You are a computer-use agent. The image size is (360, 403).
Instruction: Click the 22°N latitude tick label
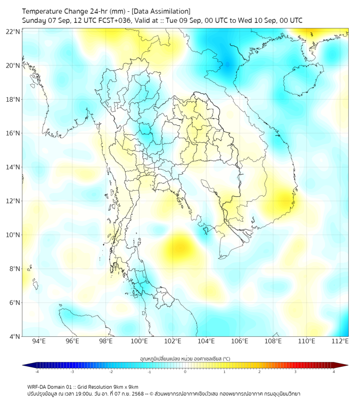(x=13, y=31)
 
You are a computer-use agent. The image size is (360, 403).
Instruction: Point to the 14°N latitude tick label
(x=13, y=167)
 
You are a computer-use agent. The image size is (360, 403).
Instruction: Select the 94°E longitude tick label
(x=39, y=341)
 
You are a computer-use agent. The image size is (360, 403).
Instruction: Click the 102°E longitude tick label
(x=173, y=341)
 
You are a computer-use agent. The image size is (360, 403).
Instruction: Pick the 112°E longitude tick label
(x=340, y=341)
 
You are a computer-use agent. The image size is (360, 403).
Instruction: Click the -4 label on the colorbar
(x=36, y=372)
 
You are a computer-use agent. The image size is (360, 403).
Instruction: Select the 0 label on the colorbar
(x=185, y=372)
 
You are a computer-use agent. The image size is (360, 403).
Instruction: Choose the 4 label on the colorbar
(x=334, y=372)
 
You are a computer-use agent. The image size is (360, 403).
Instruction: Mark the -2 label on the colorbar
(x=110, y=372)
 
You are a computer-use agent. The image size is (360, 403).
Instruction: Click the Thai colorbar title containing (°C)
(x=185, y=358)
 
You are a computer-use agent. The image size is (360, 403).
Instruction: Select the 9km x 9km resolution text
(x=125, y=386)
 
